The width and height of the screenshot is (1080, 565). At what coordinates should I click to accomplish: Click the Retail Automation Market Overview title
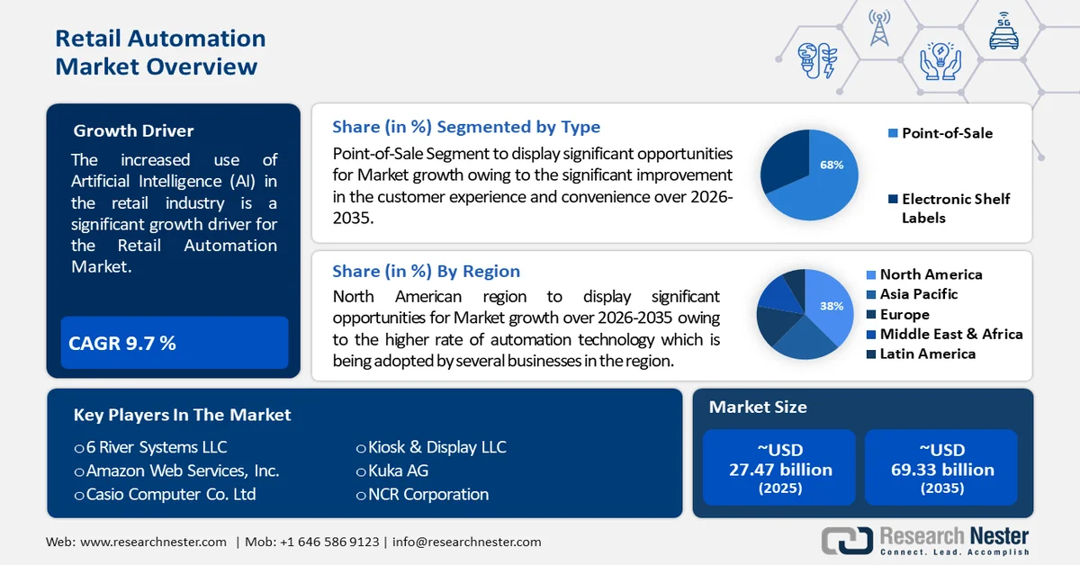tap(160, 52)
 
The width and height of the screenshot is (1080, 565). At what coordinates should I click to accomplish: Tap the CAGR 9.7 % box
tap(174, 343)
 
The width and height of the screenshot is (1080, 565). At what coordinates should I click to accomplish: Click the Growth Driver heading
tap(133, 130)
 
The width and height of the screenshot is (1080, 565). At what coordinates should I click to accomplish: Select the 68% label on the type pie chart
tap(831, 165)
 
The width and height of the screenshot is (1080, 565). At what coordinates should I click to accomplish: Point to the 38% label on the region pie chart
tap(831, 306)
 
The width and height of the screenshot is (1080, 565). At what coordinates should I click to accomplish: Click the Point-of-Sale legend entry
tap(946, 133)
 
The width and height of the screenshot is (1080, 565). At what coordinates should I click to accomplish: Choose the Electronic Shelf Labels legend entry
tap(954, 208)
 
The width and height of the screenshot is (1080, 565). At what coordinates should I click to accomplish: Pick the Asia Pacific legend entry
tap(918, 294)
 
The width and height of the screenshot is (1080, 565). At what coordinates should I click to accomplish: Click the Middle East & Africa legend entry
tap(950, 334)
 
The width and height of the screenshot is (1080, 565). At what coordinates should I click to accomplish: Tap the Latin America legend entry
tap(927, 354)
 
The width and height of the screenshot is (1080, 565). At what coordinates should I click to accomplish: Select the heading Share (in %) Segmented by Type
tap(465, 127)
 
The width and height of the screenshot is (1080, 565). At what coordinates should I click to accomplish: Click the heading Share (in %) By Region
tap(426, 271)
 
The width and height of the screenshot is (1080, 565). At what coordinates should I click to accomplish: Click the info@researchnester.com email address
tap(466, 542)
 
